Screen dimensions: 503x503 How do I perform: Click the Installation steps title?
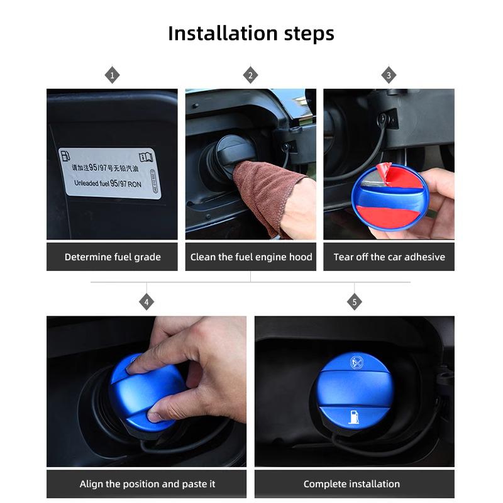point(251,33)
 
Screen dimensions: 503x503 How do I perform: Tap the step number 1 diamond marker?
point(112,76)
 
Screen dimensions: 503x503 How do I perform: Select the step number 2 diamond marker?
point(250,76)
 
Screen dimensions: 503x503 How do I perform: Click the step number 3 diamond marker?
point(389,76)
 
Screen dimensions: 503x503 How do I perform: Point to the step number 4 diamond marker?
point(146,302)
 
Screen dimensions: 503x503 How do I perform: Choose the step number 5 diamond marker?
point(354,302)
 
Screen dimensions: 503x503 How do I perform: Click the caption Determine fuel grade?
point(113,257)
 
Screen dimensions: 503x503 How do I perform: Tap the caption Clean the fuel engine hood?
point(251,257)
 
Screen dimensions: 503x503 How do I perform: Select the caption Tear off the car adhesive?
point(389,257)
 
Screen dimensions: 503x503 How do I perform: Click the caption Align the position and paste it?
point(147,484)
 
